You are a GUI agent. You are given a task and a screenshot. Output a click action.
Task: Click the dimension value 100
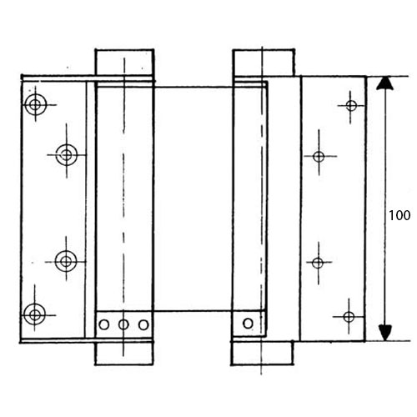399,215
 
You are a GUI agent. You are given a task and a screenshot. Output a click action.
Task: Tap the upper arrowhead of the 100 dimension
385,83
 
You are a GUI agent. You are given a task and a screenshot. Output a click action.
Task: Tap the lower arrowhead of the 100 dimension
385,333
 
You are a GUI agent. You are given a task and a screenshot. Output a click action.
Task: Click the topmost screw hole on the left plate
35,105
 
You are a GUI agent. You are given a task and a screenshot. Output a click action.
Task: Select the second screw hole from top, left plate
67,154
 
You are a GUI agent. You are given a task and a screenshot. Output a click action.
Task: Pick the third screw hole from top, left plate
66,261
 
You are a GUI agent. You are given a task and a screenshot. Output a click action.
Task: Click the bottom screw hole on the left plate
34,314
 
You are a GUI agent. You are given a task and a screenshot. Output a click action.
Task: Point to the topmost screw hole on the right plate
351,106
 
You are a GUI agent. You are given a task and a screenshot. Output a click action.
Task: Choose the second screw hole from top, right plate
319,157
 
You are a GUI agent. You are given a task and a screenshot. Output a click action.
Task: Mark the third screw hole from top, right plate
318,263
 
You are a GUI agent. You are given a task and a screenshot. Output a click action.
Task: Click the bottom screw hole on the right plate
349,317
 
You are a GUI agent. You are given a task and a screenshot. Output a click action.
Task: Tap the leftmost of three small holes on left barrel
104,324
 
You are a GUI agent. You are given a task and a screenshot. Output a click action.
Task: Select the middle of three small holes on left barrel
123,324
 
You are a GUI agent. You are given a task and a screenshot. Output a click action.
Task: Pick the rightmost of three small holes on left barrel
143,324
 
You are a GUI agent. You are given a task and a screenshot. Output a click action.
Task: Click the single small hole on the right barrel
248,324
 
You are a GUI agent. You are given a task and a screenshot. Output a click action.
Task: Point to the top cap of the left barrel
124,63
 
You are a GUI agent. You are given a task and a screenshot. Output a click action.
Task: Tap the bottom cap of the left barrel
124,353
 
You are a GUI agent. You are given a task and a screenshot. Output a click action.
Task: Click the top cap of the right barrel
264,63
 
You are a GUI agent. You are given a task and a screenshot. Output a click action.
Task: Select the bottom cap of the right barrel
262,353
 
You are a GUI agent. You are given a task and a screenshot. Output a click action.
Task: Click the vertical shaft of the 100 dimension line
385,208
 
